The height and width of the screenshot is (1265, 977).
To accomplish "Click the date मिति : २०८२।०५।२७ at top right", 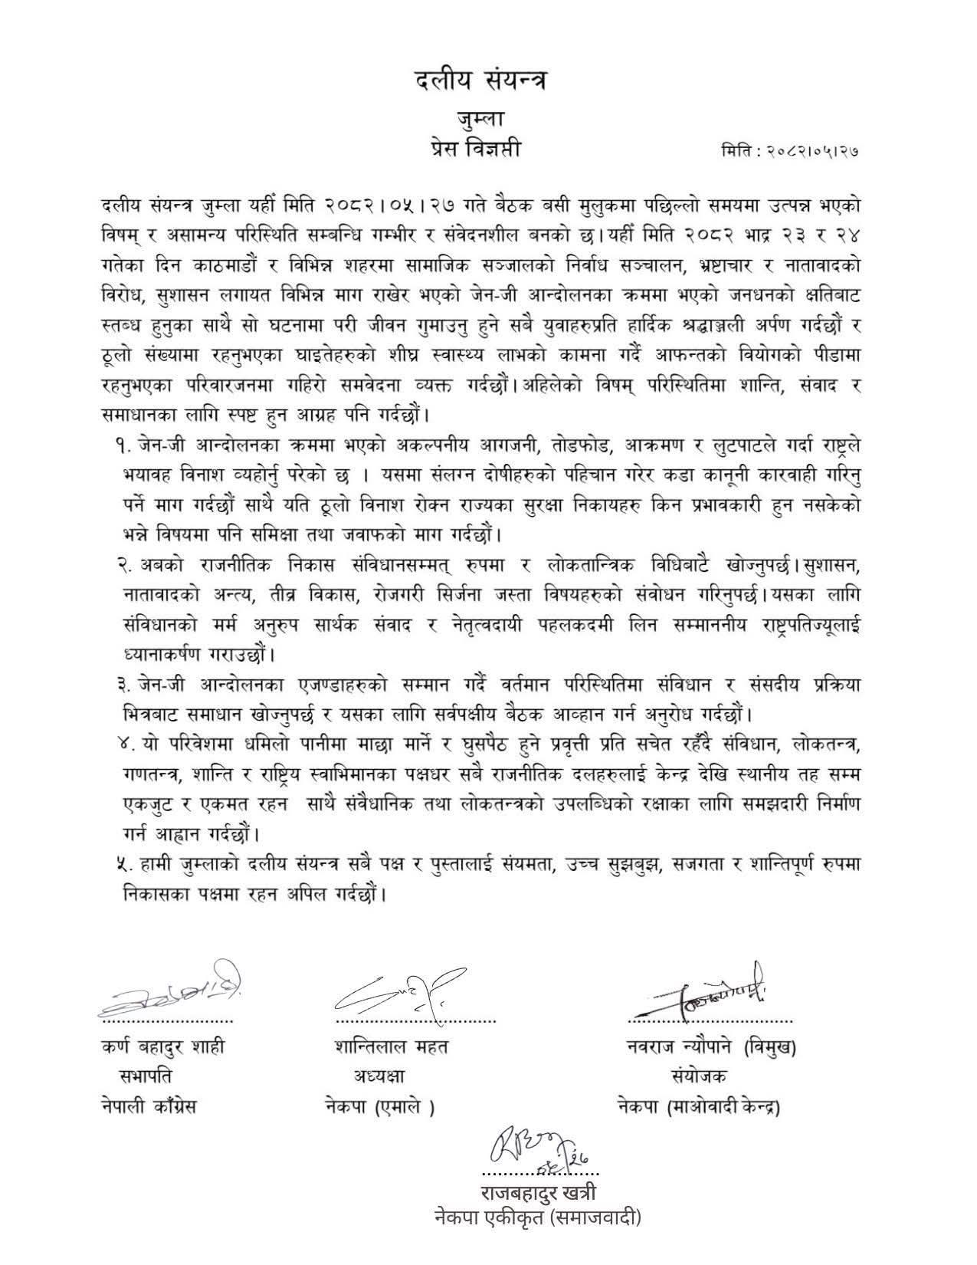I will pyautogui.click(x=789, y=151).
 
